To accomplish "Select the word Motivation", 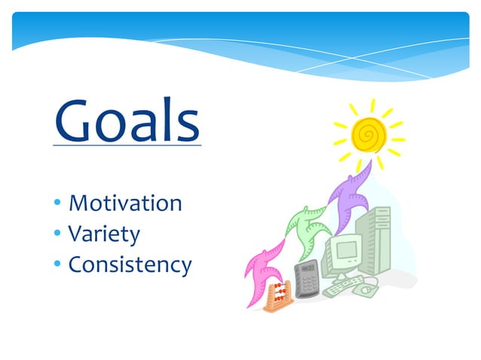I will click(124, 203).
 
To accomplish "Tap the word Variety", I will click(104, 234).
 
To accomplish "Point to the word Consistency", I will click(130, 265).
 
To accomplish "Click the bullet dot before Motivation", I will click(57, 204).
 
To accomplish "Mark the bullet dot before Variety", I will click(57, 234).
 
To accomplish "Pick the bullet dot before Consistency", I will click(57, 265).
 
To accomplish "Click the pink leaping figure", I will click(265, 267).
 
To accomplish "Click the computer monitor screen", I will click(348, 252).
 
